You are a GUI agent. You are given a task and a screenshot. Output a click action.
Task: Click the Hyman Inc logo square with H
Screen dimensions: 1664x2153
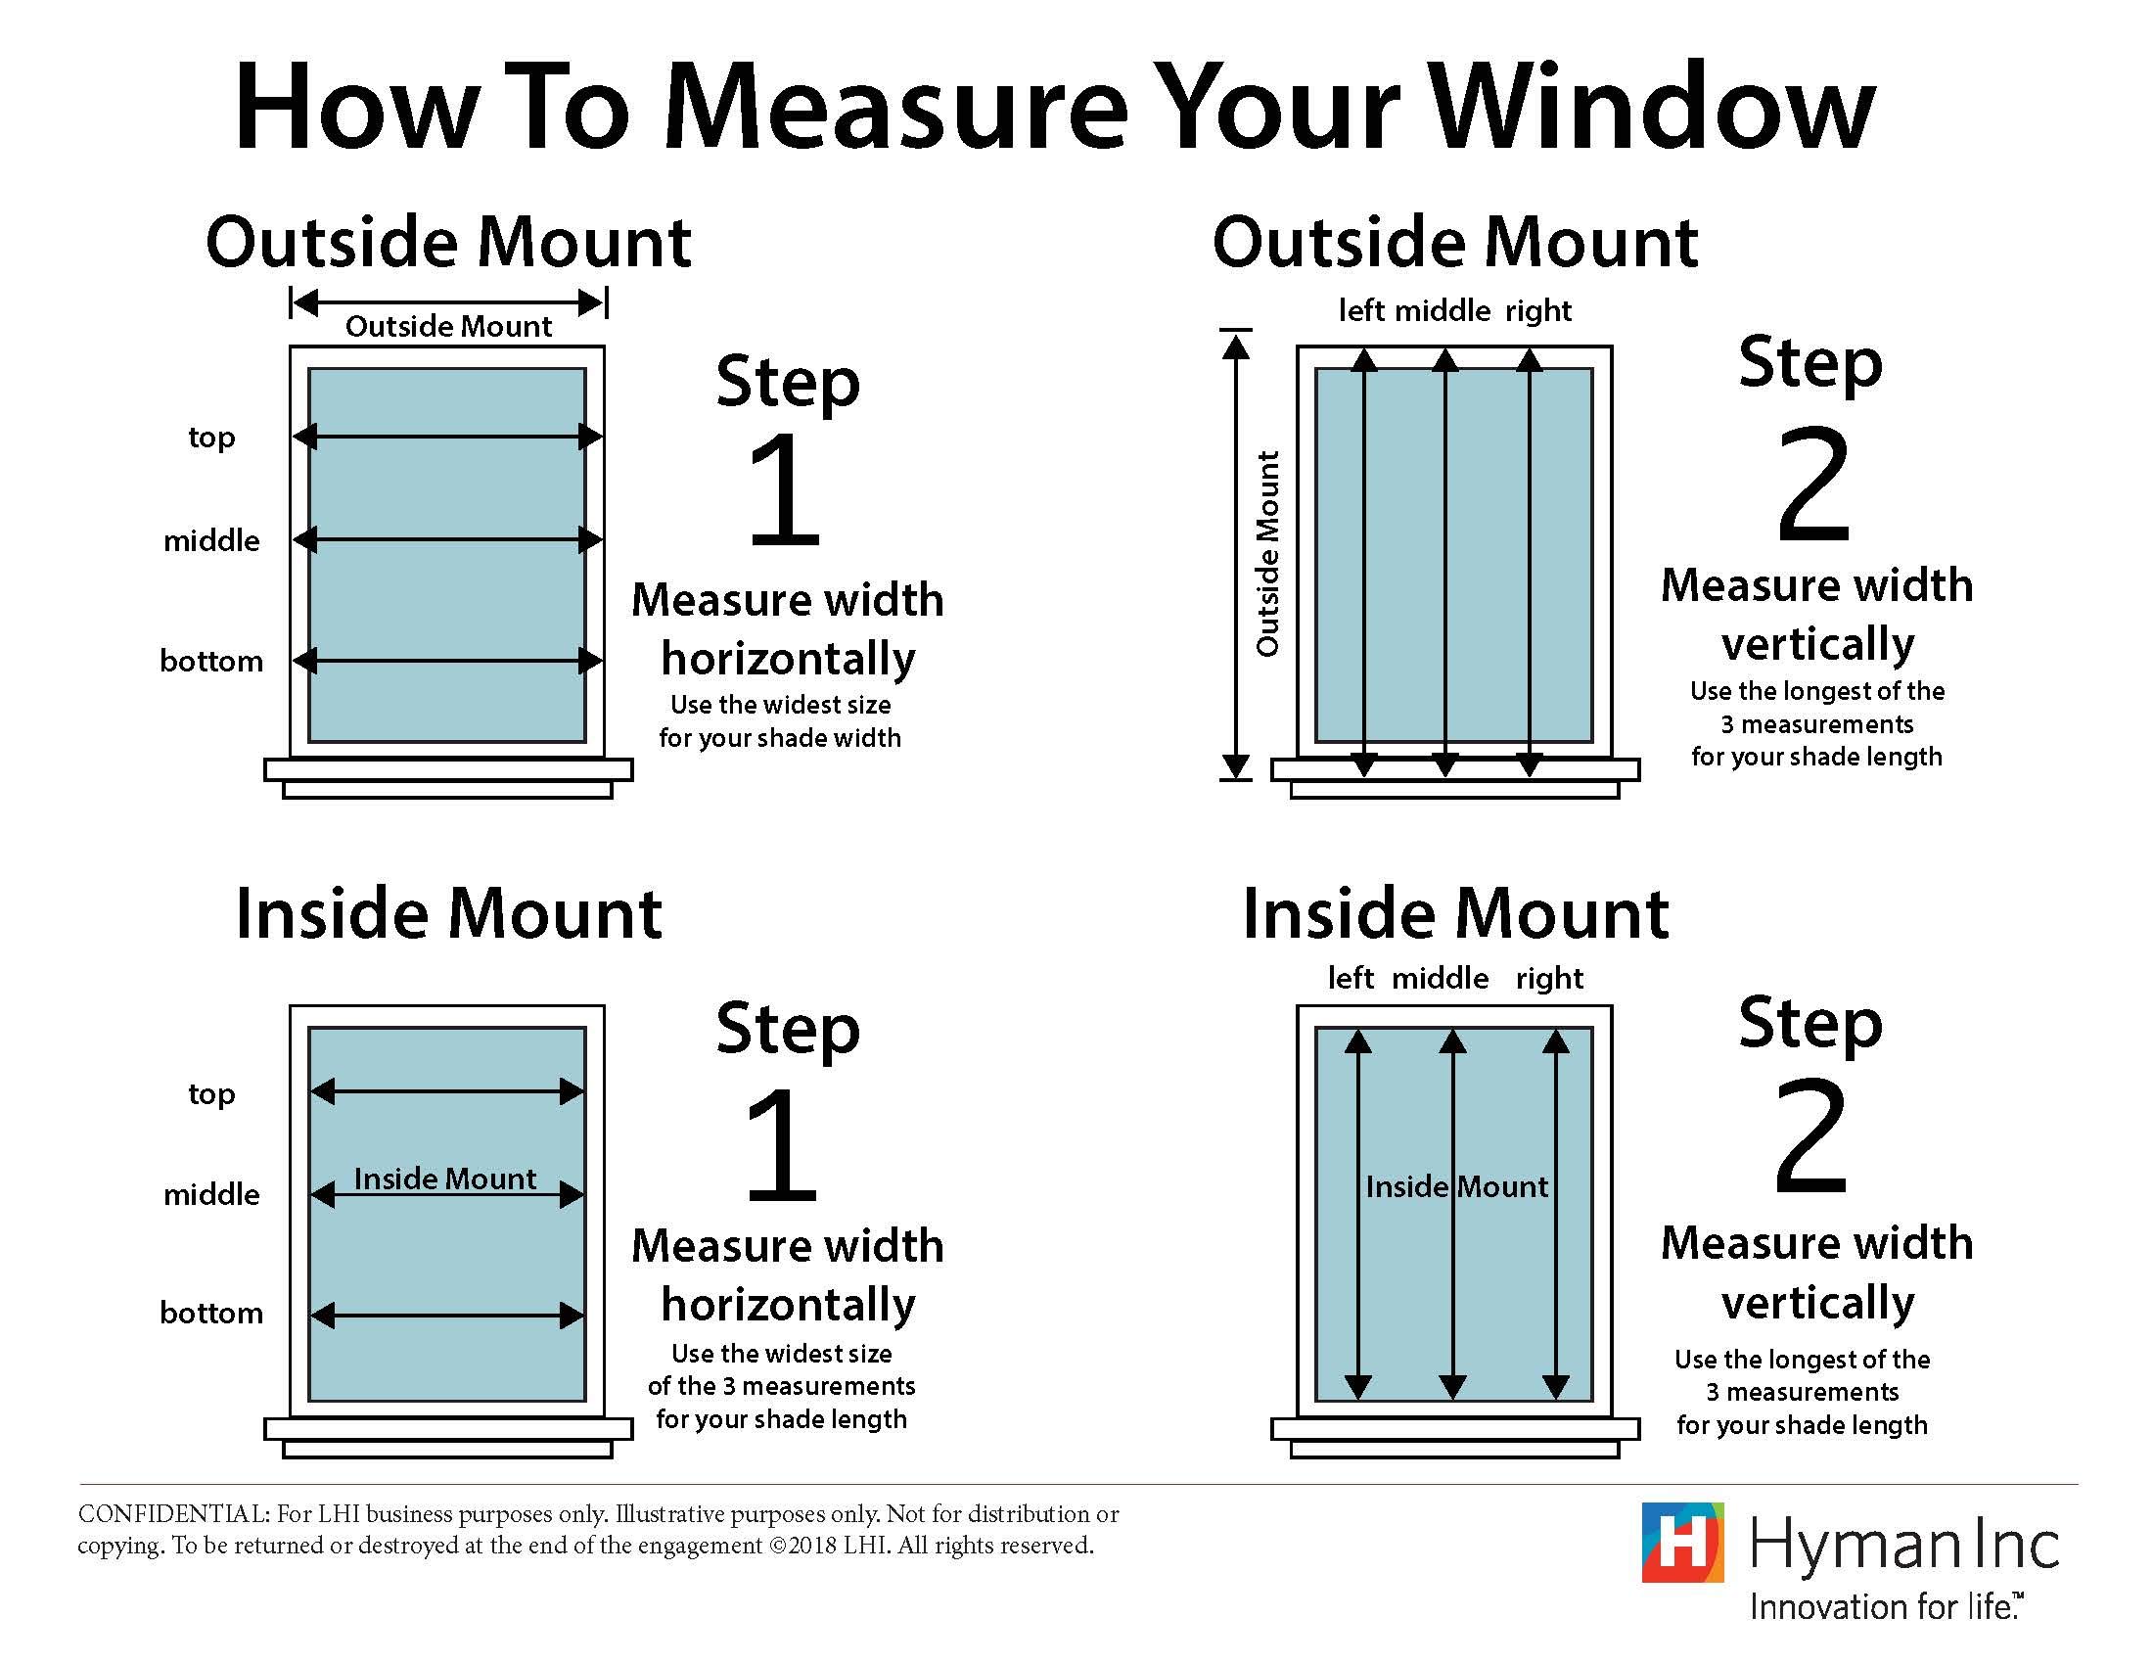point(1681,1542)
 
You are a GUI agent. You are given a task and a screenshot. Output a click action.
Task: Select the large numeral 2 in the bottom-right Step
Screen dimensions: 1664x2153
point(1809,1137)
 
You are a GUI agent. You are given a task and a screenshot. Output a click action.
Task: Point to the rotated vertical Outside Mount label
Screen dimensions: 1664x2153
point(1266,554)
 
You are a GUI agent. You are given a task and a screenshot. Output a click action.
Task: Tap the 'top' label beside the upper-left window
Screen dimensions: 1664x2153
point(211,437)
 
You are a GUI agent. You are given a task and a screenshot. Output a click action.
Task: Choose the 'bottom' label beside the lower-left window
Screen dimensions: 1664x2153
point(211,1312)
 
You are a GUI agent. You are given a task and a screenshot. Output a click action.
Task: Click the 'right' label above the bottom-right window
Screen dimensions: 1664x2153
point(1549,978)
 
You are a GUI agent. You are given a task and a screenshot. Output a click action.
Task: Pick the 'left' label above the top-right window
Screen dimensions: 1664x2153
point(1361,310)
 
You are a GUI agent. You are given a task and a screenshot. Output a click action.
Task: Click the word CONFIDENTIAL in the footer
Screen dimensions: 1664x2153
point(172,1513)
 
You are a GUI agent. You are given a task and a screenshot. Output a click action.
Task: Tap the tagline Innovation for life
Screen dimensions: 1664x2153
point(1885,1607)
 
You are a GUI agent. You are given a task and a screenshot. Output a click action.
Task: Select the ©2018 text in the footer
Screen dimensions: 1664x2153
point(802,1545)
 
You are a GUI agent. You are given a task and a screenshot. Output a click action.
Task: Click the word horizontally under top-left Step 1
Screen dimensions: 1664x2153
point(788,659)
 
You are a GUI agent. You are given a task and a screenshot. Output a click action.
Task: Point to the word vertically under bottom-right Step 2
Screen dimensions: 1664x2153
point(1817,1303)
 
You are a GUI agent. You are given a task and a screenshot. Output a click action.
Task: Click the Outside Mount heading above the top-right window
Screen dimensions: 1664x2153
point(1454,243)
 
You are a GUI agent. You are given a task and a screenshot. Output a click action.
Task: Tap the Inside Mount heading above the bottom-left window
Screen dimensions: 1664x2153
point(448,914)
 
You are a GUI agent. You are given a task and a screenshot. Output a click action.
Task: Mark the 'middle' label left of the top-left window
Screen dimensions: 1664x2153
point(211,540)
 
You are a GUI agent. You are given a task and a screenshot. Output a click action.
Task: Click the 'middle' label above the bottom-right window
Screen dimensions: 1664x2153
point(1440,978)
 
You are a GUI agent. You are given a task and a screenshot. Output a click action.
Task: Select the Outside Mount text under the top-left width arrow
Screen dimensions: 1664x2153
point(448,326)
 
